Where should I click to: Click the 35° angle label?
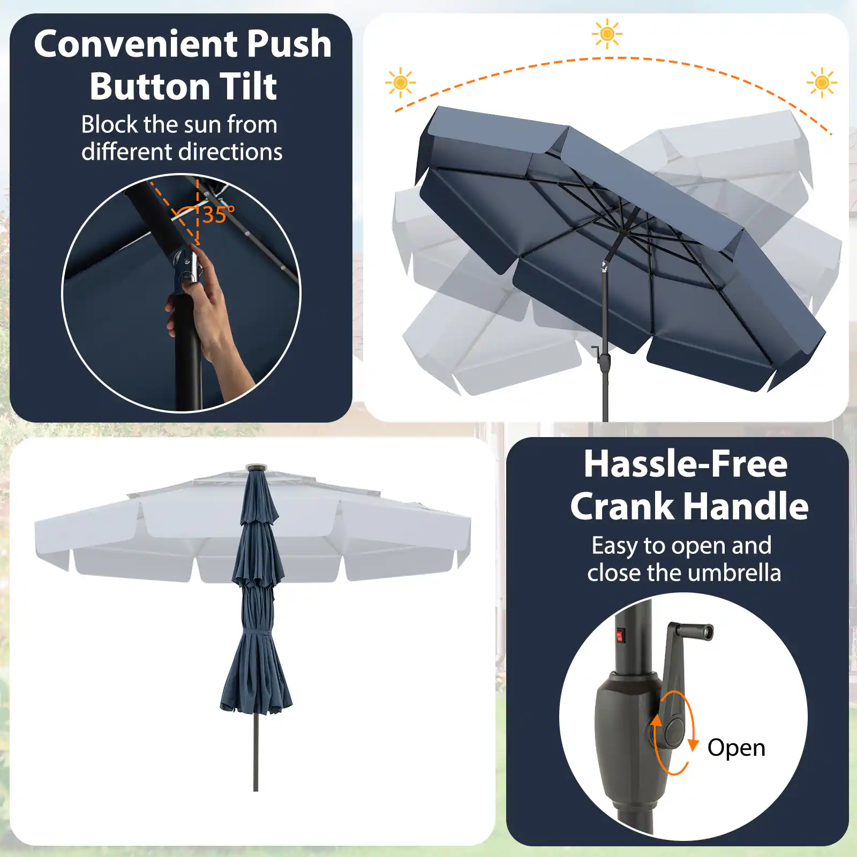click(x=218, y=215)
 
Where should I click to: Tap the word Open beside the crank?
click(x=736, y=748)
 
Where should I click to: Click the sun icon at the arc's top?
click(x=607, y=34)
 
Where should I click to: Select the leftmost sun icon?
click(x=400, y=83)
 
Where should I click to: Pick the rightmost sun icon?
click(x=822, y=83)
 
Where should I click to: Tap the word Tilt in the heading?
click(x=249, y=87)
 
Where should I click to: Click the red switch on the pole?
click(x=620, y=636)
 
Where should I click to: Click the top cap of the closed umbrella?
click(x=256, y=468)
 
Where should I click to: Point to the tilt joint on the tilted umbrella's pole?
click(x=605, y=265)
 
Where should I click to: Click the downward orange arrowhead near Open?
click(x=693, y=745)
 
